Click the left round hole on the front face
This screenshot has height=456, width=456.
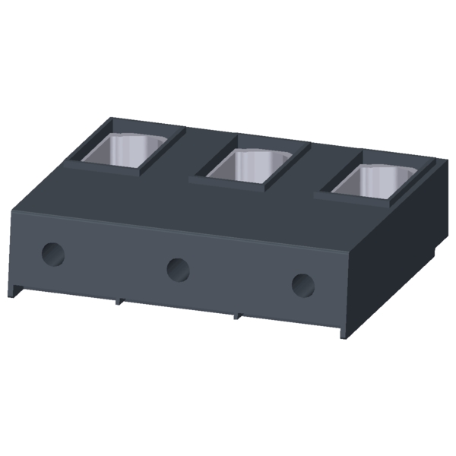(x=53, y=254)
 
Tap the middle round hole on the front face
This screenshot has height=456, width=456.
(x=178, y=268)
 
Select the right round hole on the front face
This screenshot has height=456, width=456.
(x=303, y=284)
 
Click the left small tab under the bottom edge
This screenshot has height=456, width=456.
(x=119, y=300)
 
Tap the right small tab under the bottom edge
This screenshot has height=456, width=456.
(x=238, y=315)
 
